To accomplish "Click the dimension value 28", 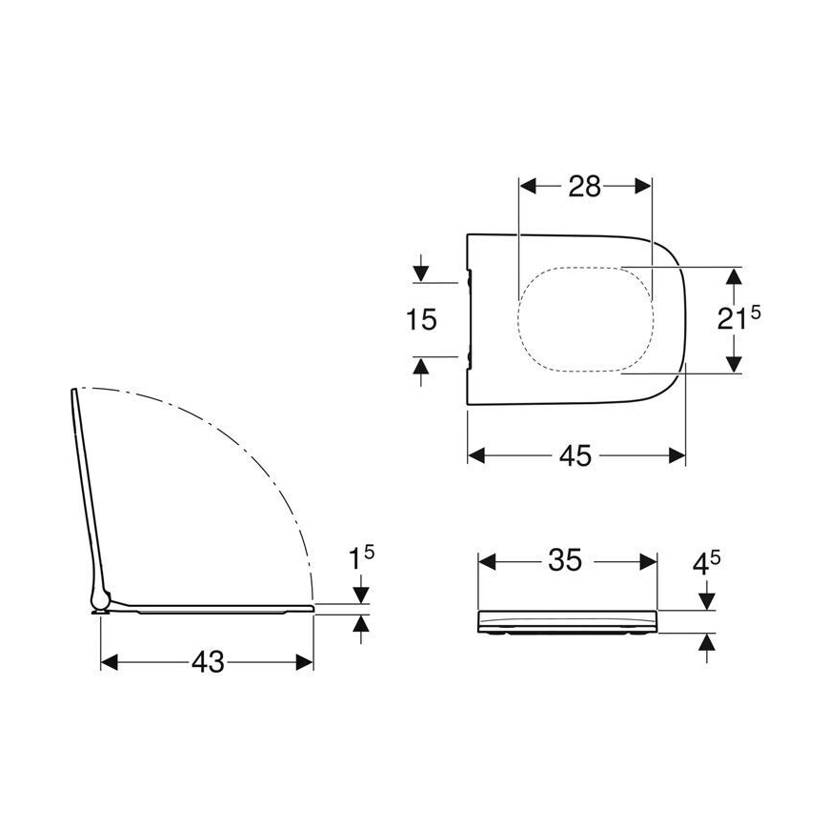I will point(585,187).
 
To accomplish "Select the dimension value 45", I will point(575,456).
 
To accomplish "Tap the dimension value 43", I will point(207,661).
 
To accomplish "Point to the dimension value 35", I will point(565,561).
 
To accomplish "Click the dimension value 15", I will point(420,319).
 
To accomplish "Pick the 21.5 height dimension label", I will point(738,319).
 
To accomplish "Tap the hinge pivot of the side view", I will point(99,600).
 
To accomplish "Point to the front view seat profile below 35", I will point(566,620).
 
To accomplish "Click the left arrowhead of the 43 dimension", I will point(109,661).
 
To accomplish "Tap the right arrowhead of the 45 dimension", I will point(677,456).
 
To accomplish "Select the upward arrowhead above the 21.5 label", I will point(733,277).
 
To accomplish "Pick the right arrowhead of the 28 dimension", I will point(644,187).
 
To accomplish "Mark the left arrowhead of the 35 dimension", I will point(484,561).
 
